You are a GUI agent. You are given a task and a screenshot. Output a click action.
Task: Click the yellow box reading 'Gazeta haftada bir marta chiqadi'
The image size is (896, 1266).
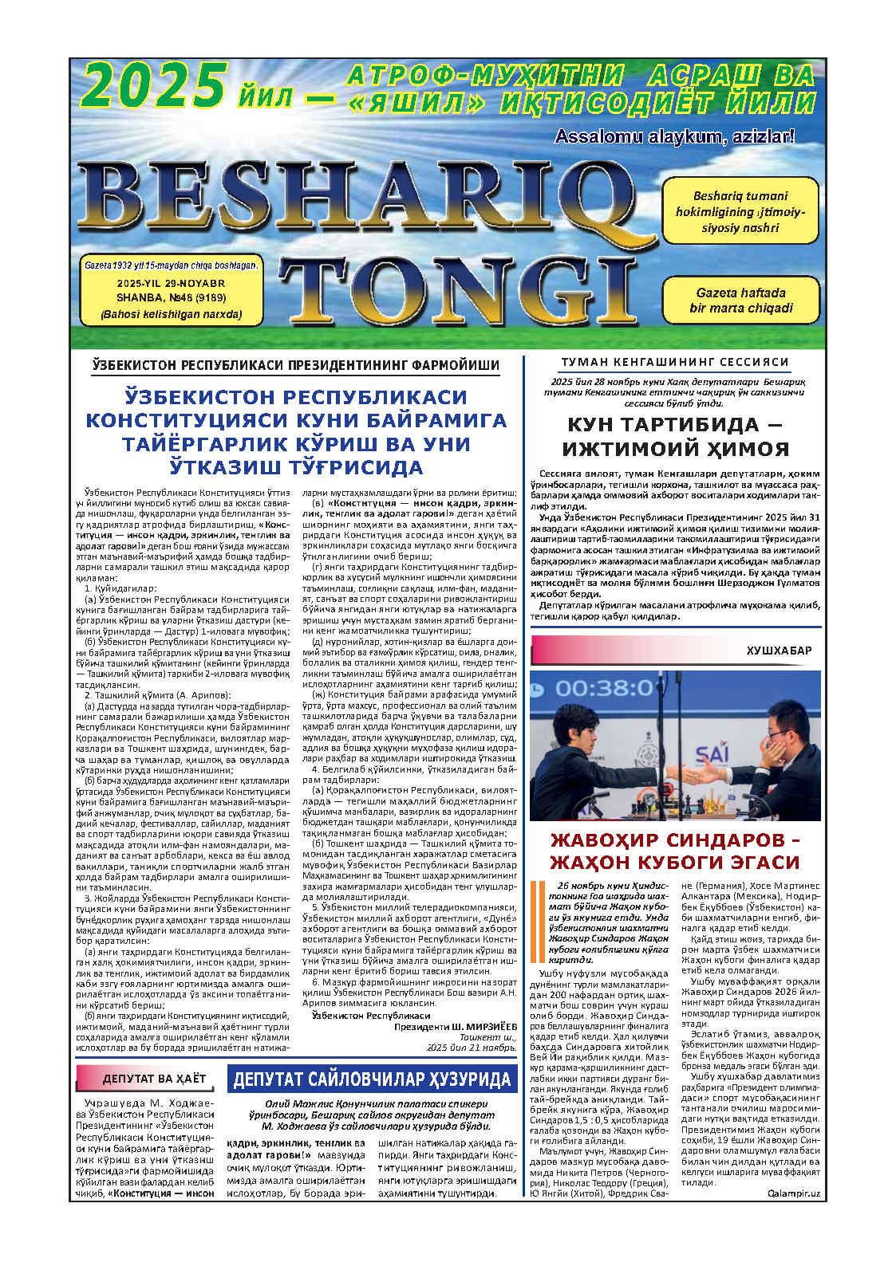tap(740, 300)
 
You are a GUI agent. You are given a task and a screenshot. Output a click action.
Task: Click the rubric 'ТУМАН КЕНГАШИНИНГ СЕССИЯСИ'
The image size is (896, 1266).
tap(675, 362)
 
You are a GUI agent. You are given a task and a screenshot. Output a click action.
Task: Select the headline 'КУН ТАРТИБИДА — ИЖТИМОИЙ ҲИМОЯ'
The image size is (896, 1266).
tap(675, 436)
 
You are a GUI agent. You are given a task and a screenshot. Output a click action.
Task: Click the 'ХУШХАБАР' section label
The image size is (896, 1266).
tap(779, 651)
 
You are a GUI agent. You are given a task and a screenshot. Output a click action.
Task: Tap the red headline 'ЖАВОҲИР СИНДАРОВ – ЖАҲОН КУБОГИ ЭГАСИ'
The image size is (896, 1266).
tap(675, 851)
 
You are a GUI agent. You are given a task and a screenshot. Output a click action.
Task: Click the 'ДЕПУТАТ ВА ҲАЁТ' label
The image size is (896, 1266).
tap(154, 1079)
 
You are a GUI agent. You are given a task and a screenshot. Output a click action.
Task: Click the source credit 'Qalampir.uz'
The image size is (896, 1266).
tap(793, 1193)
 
